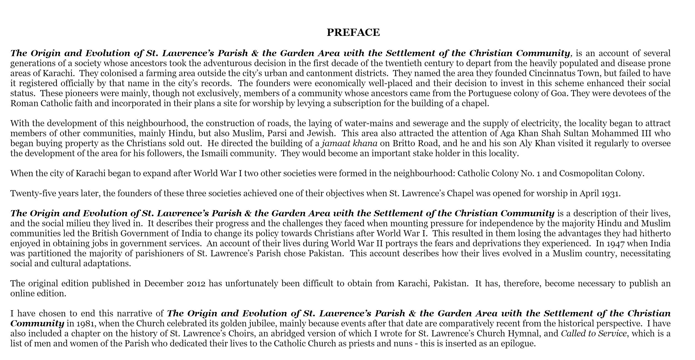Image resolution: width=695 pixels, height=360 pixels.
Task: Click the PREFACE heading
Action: (x=353, y=33)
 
